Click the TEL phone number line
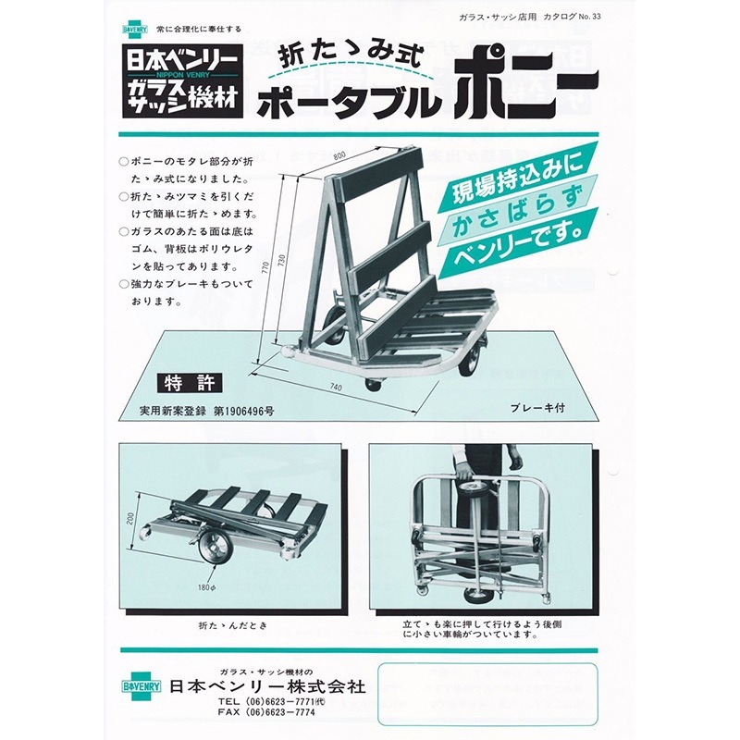(x=264, y=702)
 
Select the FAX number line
(x=264, y=716)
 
